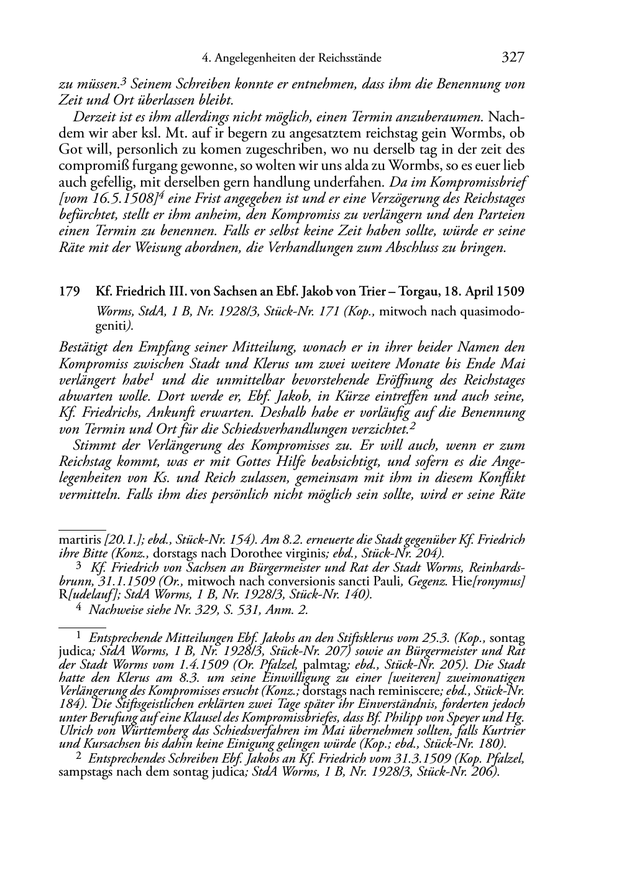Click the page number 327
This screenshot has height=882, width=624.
click(x=512, y=58)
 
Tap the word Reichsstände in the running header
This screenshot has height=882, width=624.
click(x=349, y=58)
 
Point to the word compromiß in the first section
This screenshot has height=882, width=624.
click(x=86, y=166)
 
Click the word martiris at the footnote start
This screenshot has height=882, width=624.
click(x=80, y=540)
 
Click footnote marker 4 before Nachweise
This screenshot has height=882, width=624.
click(x=78, y=609)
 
